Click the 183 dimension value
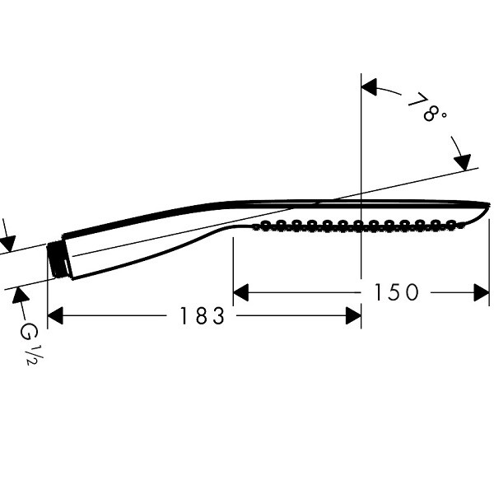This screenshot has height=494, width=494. [202, 315]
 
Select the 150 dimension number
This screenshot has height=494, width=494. [396, 292]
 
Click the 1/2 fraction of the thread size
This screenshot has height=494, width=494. [35, 355]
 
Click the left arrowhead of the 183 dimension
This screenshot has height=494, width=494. [55, 315]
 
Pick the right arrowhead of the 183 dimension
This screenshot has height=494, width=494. [353, 315]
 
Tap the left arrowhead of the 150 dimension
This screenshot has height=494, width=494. [241, 292]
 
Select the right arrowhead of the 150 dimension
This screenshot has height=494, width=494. [482, 292]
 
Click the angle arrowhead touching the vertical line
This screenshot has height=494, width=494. [369, 87]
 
